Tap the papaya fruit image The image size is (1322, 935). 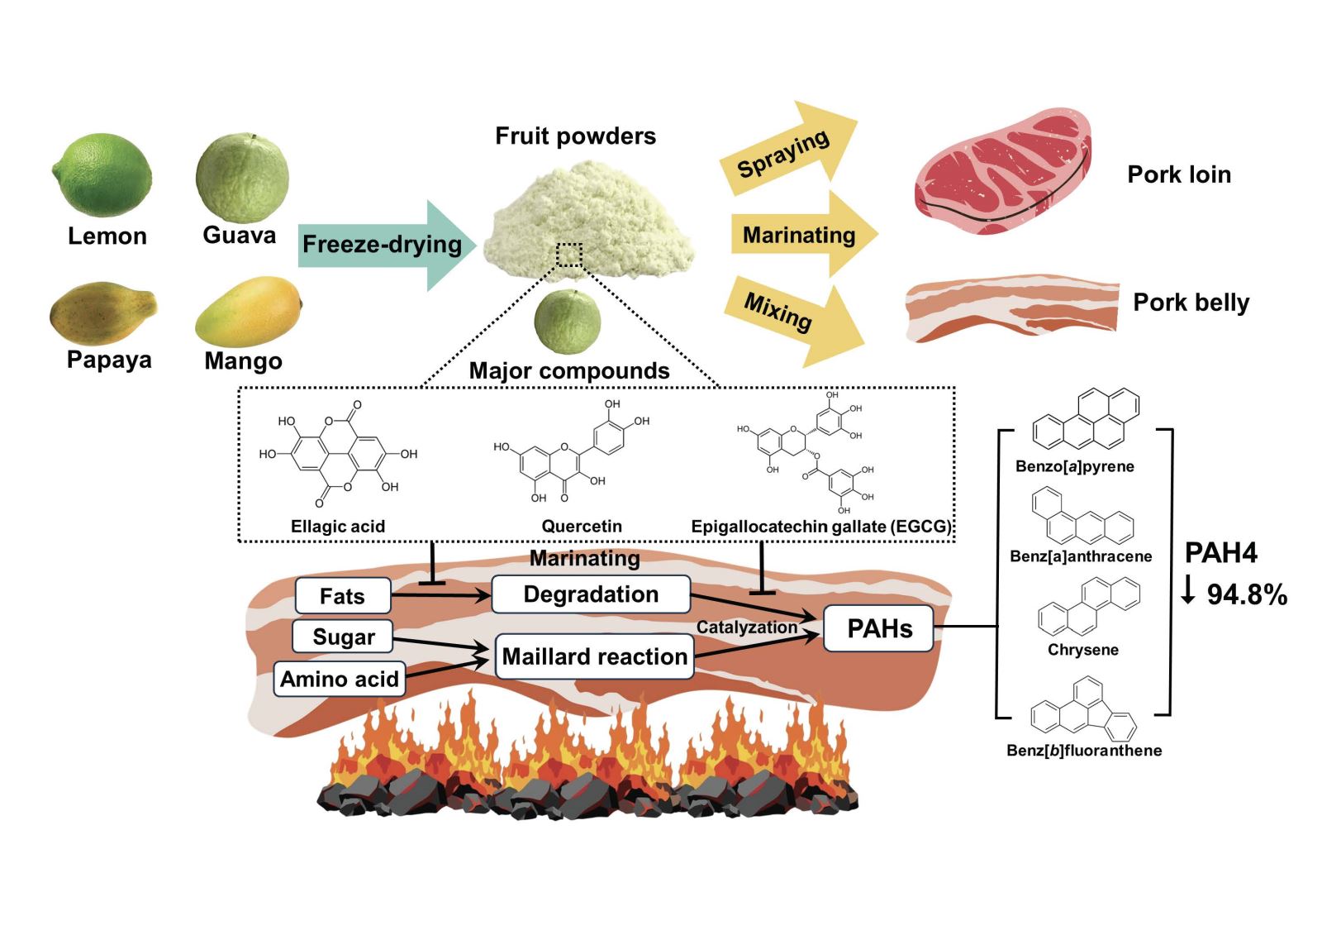[x=102, y=314]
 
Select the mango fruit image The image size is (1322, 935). [x=248, y=312]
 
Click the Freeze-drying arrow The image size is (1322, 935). [x=385, y=245]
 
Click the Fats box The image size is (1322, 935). [x=342, y=596]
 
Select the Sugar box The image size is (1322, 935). [x=343, y=637]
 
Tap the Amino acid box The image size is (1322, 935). [x=340, y=679]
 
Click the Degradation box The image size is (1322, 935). [x=591, y=594]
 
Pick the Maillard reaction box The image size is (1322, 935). [x=594, y=656]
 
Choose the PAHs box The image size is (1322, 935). [x=879, y=628]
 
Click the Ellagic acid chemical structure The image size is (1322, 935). [x=337, y=454]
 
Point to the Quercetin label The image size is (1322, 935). [x=582, y=526]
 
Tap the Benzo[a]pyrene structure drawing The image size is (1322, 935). [x=1086, y=419]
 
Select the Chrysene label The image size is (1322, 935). [x=1082, y=650]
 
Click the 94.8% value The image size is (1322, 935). [x=1246, y=594]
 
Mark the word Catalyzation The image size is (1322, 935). [x=746, y=627]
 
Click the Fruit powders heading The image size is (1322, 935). [x=575, y=136]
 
